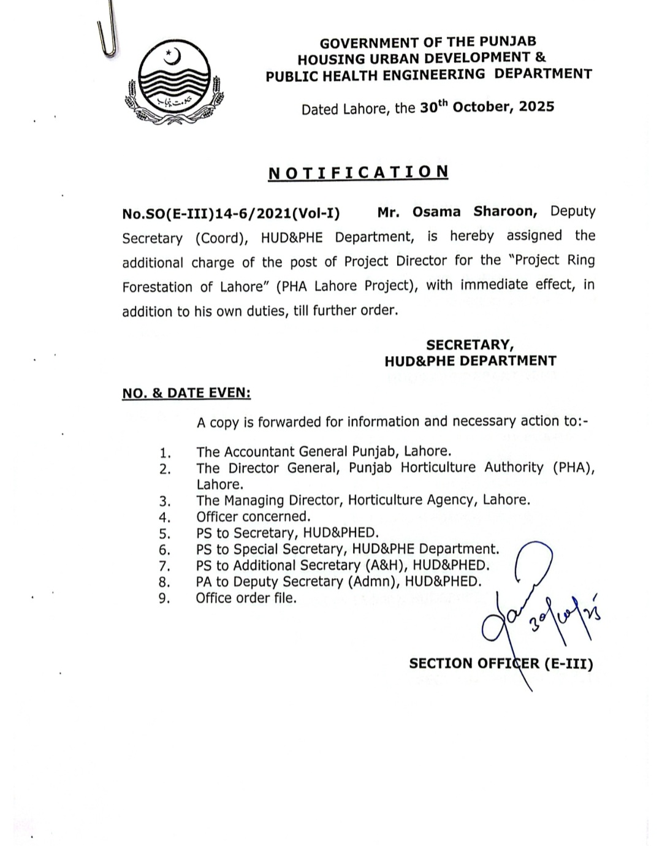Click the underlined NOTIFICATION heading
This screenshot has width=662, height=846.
[359, 172]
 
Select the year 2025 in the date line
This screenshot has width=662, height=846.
[536, 107]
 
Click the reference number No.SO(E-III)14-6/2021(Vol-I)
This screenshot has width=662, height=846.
[231, 213]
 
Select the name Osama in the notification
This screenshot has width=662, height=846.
[436, 211]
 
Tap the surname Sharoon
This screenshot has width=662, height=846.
[505, 211]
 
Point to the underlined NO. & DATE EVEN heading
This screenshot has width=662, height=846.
[186, 393]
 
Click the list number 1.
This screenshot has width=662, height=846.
[165, 453]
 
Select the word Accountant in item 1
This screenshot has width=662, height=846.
[260, 452]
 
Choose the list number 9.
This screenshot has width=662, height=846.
[164, 598]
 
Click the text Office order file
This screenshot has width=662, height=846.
[246, 598]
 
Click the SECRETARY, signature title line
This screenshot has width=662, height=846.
[470, 345]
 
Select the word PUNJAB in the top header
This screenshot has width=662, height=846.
[508, 42]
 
